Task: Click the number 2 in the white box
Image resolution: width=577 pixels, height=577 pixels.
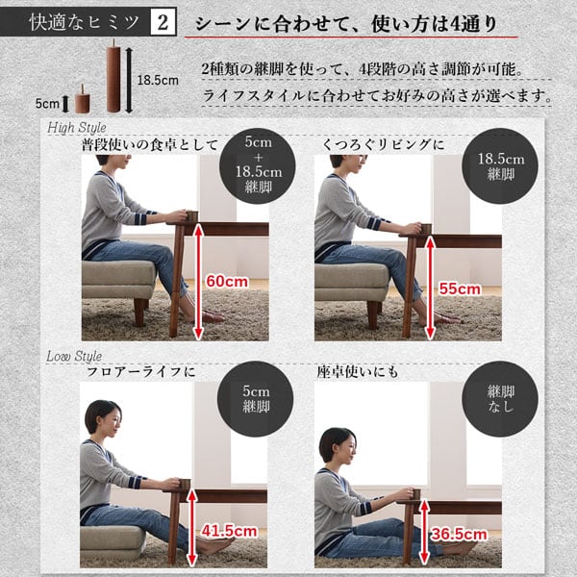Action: (x=163, y=22)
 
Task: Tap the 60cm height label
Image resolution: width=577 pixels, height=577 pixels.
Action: (x=227, y=282)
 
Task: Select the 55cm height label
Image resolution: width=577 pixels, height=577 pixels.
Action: (x=460, y=288)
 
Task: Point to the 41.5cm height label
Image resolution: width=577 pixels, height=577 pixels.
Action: (x=229, y=531)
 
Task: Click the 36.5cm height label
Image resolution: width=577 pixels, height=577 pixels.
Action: (x=459, y=534)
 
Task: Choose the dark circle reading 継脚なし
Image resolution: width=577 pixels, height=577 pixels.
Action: (x=500, y=399)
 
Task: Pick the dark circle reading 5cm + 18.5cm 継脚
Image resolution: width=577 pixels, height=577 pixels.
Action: (x=258, y=166)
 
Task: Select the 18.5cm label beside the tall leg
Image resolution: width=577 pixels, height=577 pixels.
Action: (x=158, y=80)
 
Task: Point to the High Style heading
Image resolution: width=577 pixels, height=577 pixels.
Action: (x=77, y=127)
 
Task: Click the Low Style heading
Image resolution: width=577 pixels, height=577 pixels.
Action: (x=74, y=356)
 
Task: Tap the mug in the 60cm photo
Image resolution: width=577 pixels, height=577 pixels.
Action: (x=192, y=216)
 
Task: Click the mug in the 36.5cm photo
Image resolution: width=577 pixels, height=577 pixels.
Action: (x=414, y=494)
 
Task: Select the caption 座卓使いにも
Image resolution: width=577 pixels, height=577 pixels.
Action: (x=358, y=372)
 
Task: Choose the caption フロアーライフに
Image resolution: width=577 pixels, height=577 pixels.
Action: (x=141, y=371)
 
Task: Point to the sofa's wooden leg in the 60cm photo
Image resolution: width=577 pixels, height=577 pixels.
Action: (x=139, y=312)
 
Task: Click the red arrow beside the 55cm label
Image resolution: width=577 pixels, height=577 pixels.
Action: (x=430, y=288)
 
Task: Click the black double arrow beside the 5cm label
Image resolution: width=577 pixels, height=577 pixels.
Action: (x=65, y=104)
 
